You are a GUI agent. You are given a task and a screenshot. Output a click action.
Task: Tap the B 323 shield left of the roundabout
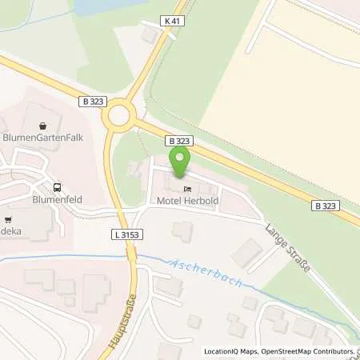point(90,102)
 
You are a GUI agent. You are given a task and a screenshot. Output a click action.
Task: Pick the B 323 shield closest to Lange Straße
point(324,206)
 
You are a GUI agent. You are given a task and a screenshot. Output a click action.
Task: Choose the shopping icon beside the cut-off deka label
point(7,217)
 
